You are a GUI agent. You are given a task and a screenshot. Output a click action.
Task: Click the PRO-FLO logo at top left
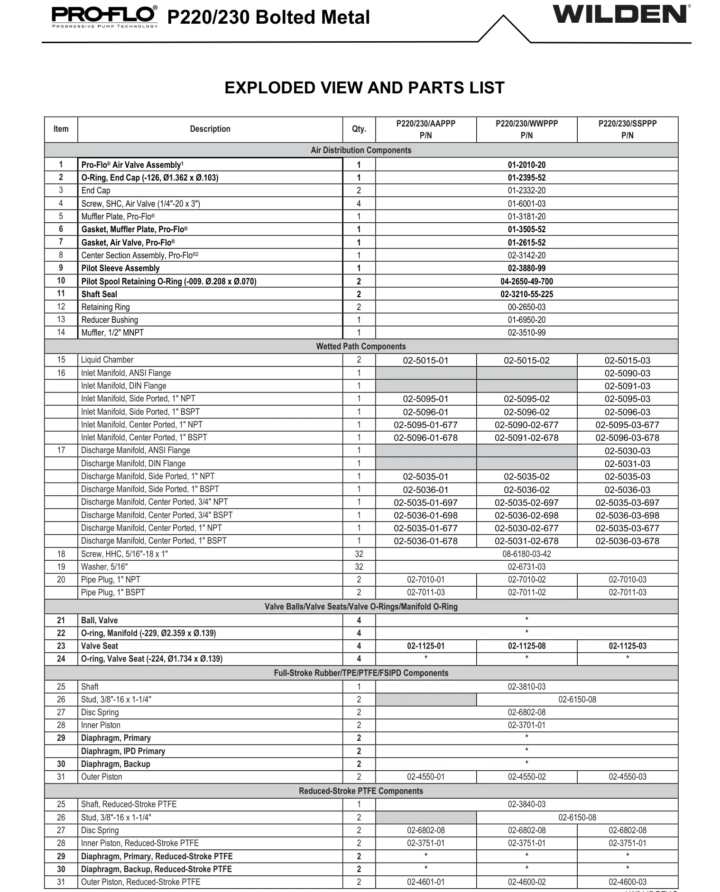pyautogui.click(x=104, y=16)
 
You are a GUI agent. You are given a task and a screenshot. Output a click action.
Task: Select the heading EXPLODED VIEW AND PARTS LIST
pyautogui.click(x=364, y=88)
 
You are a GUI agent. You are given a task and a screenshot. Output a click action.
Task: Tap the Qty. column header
pyautogui.click(x=359, y=129)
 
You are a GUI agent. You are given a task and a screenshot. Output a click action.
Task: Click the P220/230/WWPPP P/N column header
pyautogui.click(x=526, y=129)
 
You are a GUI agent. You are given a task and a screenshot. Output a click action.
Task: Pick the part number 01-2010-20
pyautogui.click(x=526, y=165)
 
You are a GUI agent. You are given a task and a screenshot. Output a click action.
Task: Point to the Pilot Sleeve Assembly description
pyautogui.click(x=120, y=268)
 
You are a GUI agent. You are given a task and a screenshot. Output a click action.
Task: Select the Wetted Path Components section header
pyautogui.click(x=361, y=346)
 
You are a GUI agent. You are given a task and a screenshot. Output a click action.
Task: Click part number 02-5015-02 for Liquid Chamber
pyautogui.click(x=526, y=360)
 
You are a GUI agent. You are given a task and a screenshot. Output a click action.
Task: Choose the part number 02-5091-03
pyautogui.click(x=627, y=386)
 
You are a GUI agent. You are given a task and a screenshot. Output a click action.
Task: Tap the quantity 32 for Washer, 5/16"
pyautogui.click(x=359, y=567)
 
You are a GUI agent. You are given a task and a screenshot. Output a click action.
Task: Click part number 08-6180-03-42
pyautogui.click(x=526, y=554)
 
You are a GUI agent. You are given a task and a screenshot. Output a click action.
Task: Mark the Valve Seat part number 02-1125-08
pyautogui.click(x=526, y=646)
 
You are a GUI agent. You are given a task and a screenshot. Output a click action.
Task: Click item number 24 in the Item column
pyautogui.click(x=61, y=659)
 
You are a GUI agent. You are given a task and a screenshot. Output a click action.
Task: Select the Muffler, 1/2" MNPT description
pyautogui.click(x=112, y=333)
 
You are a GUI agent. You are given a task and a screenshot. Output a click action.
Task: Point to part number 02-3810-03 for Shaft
pyautogui.click(x=526, y=687)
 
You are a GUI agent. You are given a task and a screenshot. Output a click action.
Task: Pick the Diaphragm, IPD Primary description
pyautogui.click(x=123, y=751)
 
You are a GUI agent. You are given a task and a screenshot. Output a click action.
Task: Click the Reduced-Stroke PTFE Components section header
pyautogui.click(x=361, y=791)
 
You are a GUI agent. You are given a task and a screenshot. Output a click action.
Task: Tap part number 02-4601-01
pyautogui.click(x=425, y=882)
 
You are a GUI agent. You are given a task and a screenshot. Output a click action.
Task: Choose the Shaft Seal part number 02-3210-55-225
pyautogui.click(x=526, y=294)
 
